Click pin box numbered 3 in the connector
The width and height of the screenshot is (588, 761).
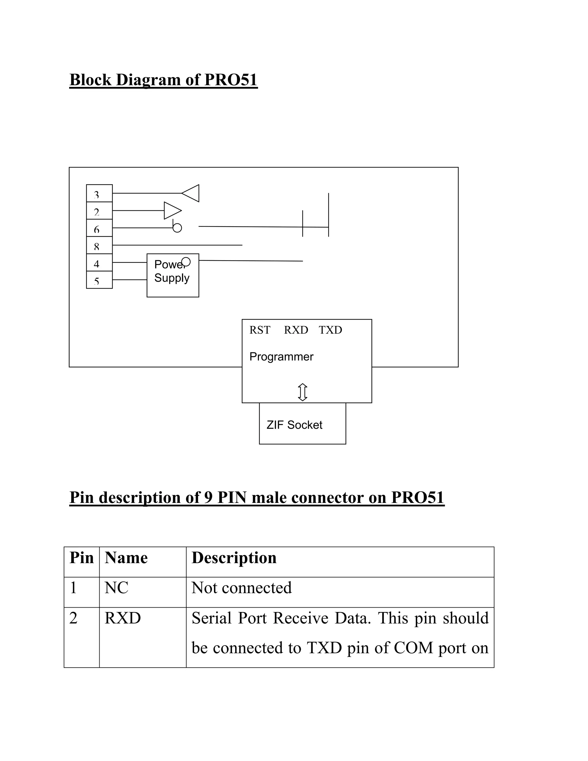[99, 193]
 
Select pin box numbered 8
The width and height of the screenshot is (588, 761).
[99, 246]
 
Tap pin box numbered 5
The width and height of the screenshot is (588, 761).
[99, 280]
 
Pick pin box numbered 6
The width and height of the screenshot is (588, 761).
[99, 228]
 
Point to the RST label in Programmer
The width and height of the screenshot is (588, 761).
[260, 330]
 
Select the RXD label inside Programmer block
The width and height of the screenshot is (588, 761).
[296, 330]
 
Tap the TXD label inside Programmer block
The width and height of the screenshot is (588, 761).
[330, 330]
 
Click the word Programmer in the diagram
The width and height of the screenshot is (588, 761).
[281, 357]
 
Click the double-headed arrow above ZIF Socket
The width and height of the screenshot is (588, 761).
[302, 392]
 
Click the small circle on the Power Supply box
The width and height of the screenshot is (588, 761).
[186, 262]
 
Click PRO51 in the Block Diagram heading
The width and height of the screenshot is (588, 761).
[231, 80]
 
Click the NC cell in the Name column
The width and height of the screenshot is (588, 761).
[116, 588]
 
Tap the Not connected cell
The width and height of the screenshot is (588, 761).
[241, 588]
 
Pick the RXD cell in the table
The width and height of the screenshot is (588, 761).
[123, 618]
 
